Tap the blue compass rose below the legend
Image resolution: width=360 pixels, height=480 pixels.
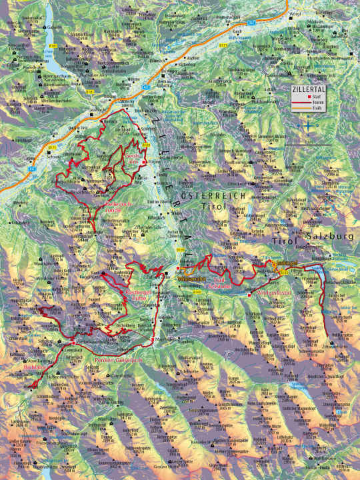307,125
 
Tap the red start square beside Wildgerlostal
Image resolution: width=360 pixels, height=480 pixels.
249,294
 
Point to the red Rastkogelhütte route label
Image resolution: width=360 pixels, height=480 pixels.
139,295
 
